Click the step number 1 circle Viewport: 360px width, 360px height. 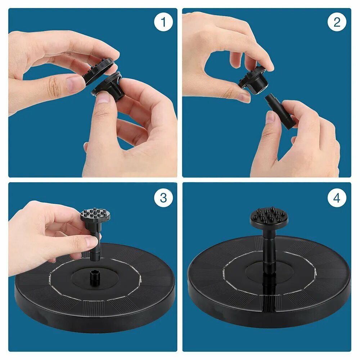163,22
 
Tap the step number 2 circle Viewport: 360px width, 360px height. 337,22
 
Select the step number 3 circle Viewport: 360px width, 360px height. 163,198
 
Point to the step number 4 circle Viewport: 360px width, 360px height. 337,198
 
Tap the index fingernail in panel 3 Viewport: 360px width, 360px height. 91,242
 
